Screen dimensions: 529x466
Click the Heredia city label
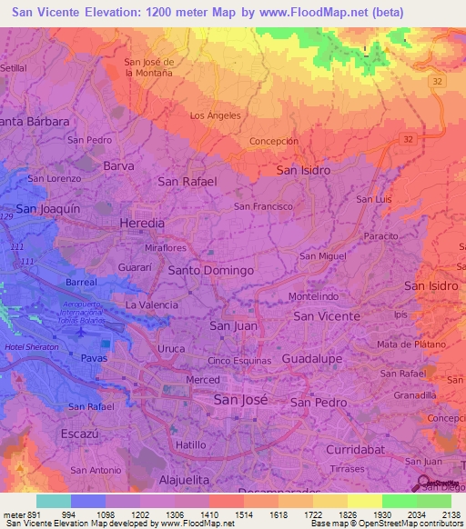tap(143, 223)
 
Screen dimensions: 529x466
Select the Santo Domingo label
tap(210, 271)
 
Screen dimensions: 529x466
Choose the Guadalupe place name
tap(311, 360)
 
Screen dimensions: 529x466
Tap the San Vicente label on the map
tap(327, 315)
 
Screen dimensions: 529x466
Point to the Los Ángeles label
tap(215, 115)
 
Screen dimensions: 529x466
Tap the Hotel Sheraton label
tap(30, 348)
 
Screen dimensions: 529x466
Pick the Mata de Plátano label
tap(411, 344)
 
